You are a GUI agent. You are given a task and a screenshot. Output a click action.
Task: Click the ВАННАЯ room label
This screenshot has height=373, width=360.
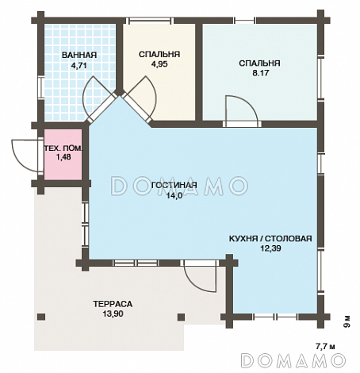pos(79,55)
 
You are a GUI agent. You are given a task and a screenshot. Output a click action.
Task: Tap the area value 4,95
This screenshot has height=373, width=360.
pos(159,64)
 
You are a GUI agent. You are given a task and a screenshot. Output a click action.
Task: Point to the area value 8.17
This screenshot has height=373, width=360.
pos(261,73)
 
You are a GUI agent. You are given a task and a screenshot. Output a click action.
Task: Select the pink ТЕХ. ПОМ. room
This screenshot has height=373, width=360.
pos(63,155)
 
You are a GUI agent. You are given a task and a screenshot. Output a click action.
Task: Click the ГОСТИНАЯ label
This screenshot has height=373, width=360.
pos(174,185)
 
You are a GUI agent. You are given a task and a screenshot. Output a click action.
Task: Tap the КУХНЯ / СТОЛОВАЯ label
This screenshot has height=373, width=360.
pos(270,239)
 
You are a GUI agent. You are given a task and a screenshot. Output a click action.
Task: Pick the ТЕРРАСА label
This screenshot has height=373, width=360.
pos(113,304)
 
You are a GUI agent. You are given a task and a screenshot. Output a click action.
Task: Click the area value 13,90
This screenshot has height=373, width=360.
pos(113,314)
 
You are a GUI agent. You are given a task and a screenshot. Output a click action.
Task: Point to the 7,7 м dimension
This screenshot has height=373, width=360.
pos(325,346)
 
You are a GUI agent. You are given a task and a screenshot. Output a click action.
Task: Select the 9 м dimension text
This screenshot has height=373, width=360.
pos(347,321)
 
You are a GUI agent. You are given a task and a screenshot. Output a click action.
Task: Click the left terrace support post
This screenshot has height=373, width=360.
pos(41,317)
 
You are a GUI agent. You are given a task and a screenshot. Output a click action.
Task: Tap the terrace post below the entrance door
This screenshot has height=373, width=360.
pos(181,317)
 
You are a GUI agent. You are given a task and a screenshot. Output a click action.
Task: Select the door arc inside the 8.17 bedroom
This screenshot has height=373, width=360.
pos(250,103)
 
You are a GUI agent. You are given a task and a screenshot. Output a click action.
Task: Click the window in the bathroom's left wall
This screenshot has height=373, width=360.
pos(41,87)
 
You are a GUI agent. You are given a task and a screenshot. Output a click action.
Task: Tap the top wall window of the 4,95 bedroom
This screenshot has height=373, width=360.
pos(148,21)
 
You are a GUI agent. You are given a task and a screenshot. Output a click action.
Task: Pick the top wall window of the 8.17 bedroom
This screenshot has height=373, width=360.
pos(245,21)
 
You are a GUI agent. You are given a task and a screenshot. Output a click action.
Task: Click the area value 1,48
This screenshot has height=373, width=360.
pos(63,157)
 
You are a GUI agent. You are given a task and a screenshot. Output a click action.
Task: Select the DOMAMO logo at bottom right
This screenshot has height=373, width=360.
pos(293,360)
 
